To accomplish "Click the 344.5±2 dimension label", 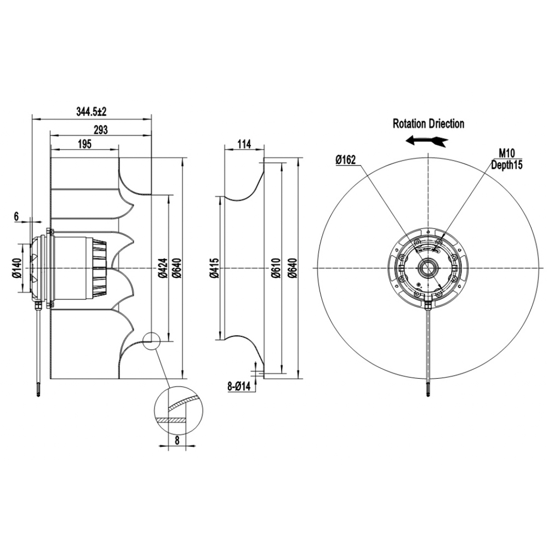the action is [x=91, y=112].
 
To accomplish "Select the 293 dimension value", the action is [x=101, y=130].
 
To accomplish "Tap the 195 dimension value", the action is [x=84, y=144].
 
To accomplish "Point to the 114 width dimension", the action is [x=244, y=144].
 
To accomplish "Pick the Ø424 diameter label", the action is [x=163, y=268].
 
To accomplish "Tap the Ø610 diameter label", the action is [x=276, y=268].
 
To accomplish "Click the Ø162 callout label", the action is [x=346, y=160].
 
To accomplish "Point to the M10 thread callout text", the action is [x=507, y=153].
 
